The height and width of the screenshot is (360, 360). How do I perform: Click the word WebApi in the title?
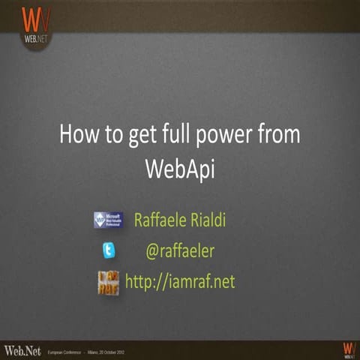click(x=179, y=168)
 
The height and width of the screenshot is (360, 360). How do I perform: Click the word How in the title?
click(x=79, y=136)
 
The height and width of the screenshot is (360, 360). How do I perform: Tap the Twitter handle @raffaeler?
click(x=179, y=250)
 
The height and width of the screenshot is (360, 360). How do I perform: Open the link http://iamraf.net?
click(x=180, y=280)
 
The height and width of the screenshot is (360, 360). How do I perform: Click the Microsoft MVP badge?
click(x=108, y=220)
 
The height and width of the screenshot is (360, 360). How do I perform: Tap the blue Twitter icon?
click(x=109, y=250)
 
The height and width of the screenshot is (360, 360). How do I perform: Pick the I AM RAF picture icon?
click(x=108, y=282)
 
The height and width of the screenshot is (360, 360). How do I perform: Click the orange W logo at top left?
click(x=35, y=19)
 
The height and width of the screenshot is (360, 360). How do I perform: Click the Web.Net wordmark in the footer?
click(x=22, y=349)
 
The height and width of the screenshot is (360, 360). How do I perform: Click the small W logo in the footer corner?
click(x=347, y=349)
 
